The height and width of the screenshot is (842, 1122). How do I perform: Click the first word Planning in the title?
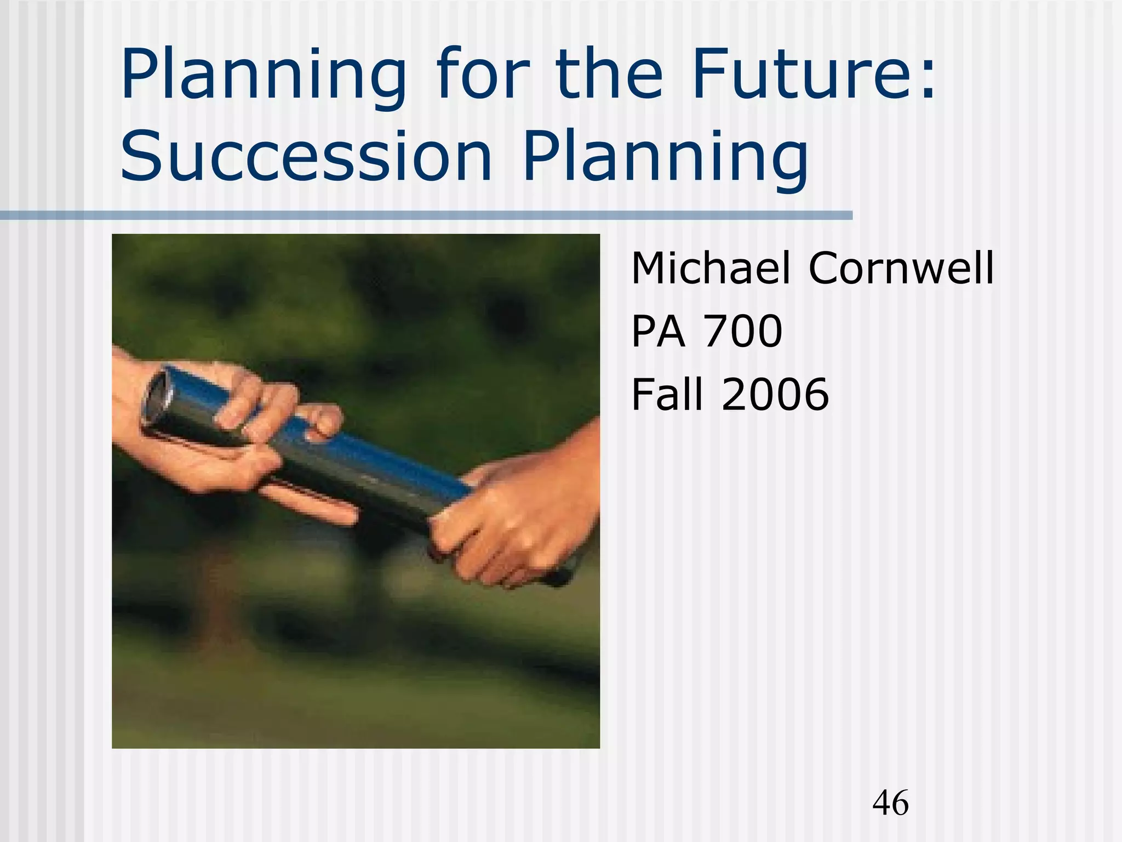coord(263,77)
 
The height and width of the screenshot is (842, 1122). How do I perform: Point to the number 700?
coord(743,331)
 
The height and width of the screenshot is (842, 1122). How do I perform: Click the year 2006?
coord(775,394)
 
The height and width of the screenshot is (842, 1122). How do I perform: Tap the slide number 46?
coord(890,803)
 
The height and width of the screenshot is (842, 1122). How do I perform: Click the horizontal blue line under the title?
coord(427,215)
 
